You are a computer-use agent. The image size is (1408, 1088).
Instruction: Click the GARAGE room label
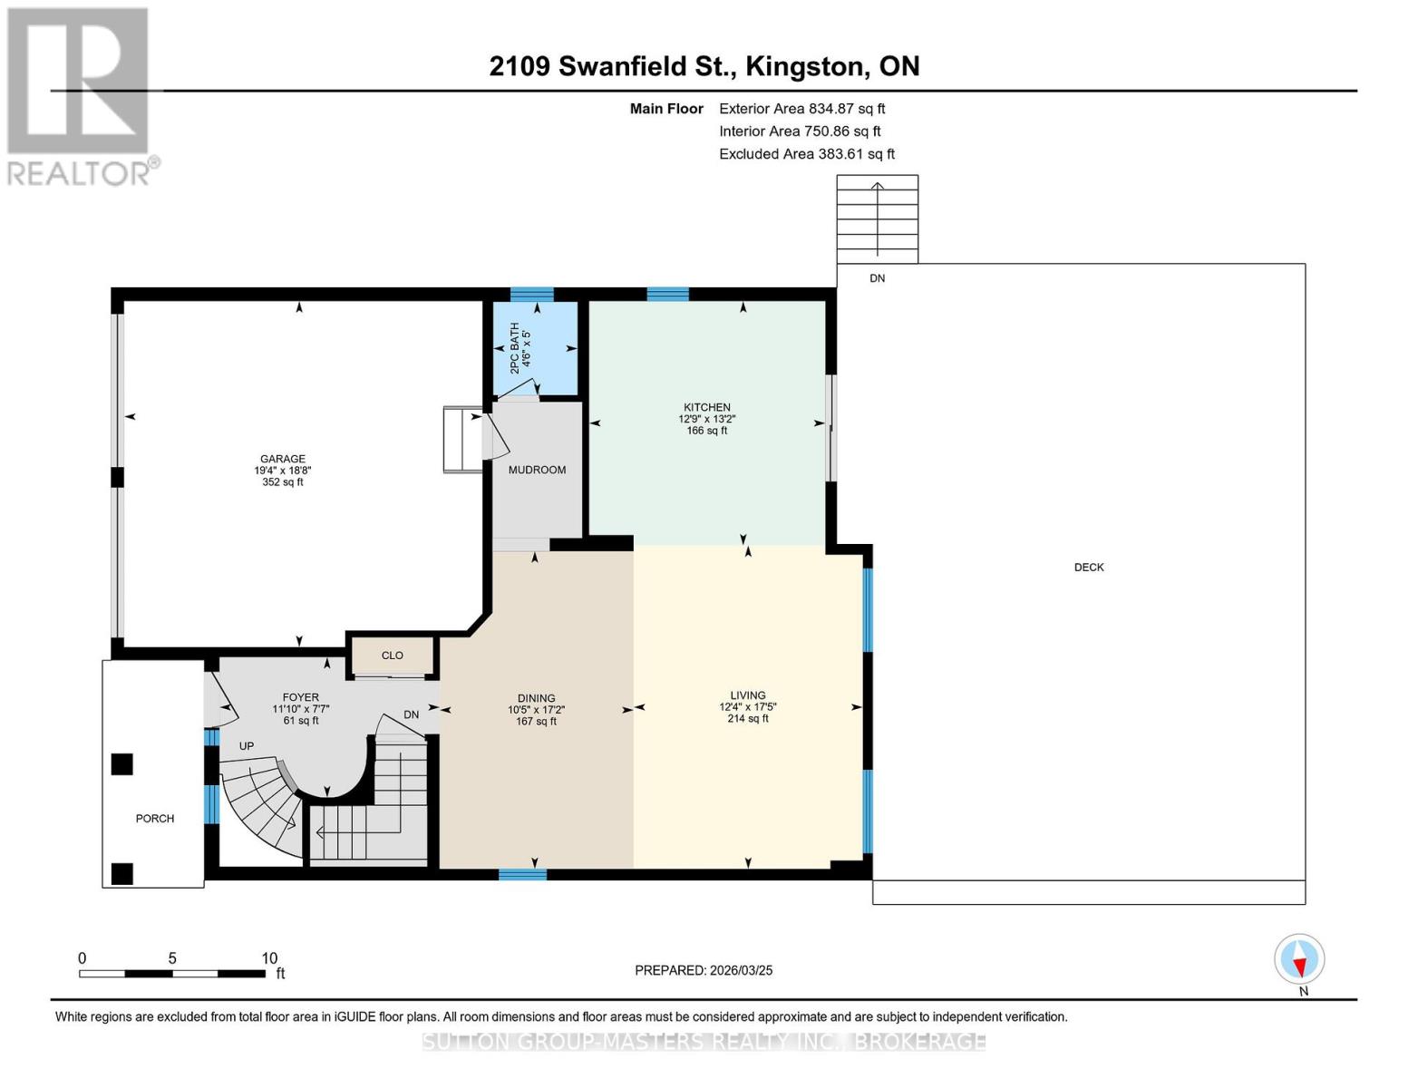[x=283, y=459]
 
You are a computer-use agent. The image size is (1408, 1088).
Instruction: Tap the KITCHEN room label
[x=707, y=407]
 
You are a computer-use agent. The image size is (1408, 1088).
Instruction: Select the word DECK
[x=1089, y=567]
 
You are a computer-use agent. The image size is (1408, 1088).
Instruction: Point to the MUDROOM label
[x=537, y=470]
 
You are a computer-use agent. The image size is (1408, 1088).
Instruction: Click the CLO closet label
[x=392, y=656]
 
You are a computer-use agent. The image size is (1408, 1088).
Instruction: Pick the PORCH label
[x=155, y=819]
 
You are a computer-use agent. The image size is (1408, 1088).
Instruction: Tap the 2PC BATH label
[x=514, y=348]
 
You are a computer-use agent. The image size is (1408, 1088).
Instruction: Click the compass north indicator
[x=1299, y=959]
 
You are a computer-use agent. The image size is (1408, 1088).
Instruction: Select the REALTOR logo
[x=81, y=97]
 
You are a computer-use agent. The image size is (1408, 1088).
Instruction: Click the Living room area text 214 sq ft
[x=748, y=719]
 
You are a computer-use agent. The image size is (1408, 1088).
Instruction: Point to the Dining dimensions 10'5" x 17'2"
[x=536, y=710]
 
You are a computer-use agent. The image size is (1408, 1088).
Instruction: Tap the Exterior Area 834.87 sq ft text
[x=802, y=109]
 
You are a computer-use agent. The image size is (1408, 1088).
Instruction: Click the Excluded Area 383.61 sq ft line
[x=807, y=154]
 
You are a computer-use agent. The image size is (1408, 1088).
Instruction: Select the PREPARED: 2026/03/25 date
[x=704, y=970]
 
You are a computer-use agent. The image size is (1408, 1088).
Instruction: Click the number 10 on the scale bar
[x=269, y=957]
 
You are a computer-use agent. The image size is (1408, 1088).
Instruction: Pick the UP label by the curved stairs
[x=247, y=746]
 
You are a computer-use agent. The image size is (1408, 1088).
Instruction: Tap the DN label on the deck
[x=877, y=278]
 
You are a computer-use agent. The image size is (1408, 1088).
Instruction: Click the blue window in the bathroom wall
[x=531, y=294]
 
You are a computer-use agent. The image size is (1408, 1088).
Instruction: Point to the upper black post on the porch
[x=121, y=764]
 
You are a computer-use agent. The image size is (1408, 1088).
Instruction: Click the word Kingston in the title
[x=805, y=66]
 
